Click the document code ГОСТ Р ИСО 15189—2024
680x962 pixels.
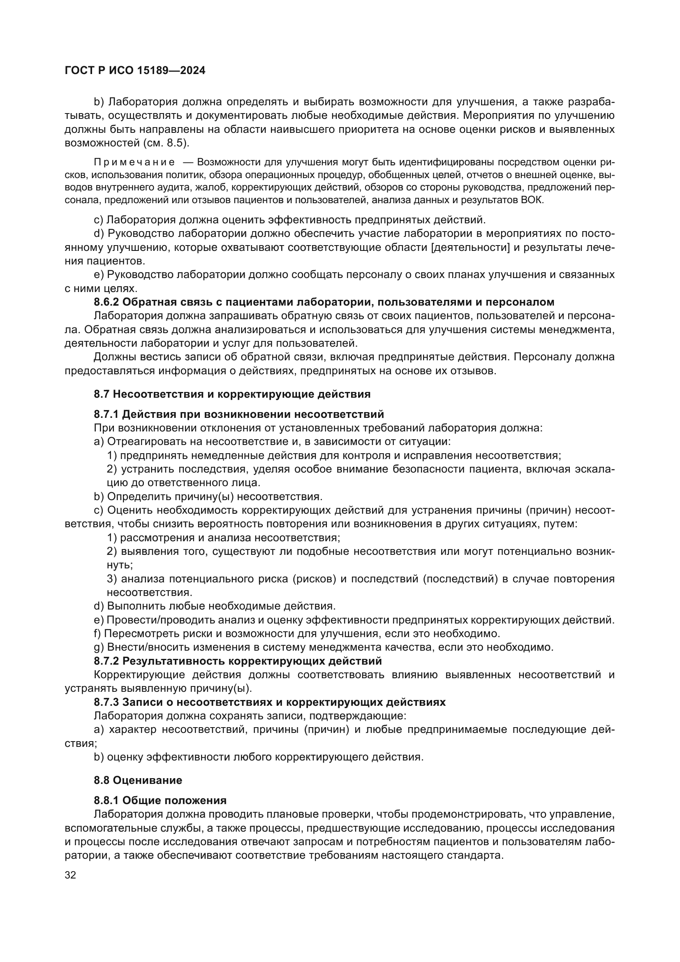[x=135, y=70]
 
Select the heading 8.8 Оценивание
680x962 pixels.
[x=138, y=780]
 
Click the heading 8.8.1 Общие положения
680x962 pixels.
[x=160, y=800]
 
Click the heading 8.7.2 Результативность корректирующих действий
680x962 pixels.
[x=237, y=661]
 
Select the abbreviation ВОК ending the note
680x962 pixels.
[x=531, y=200]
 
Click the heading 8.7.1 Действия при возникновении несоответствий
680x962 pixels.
[x=239, y=415]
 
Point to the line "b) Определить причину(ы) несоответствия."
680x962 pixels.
[x=208, y=496]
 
